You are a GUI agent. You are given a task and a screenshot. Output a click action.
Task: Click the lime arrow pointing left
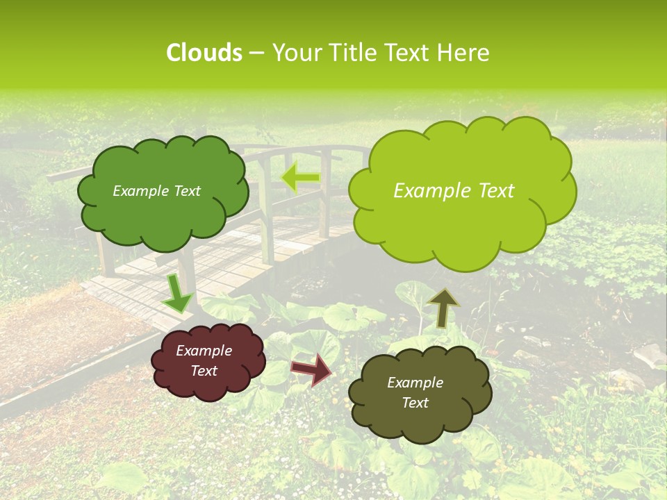coord(300,178)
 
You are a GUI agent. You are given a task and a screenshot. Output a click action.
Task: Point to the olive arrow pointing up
coord(443,307)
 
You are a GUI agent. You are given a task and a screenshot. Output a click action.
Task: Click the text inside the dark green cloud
coord(156,191)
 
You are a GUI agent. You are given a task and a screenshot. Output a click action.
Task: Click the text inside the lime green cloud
coord(454,191)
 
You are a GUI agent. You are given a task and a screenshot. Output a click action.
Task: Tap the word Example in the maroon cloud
coord(204,351)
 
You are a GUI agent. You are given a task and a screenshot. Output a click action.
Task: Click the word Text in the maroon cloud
coord(204,371)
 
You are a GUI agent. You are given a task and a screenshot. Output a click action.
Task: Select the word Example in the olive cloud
coord(415,383)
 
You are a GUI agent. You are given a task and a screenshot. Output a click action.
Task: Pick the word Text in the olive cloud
coord(415,403)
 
